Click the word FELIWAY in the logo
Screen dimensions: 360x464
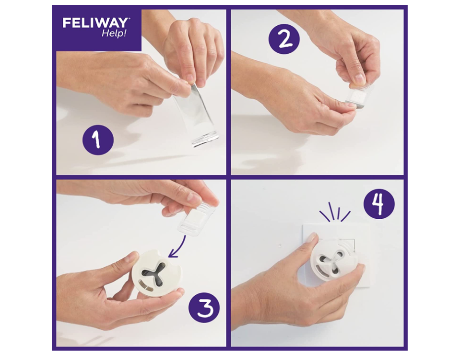point(96,23)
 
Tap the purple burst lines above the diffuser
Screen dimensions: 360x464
point(335,213)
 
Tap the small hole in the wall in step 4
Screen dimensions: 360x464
point(280,243)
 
